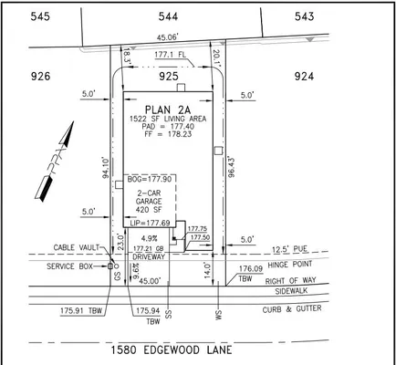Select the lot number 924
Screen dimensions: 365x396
pos(303,78)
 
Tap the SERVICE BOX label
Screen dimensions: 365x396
pos(73,266)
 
